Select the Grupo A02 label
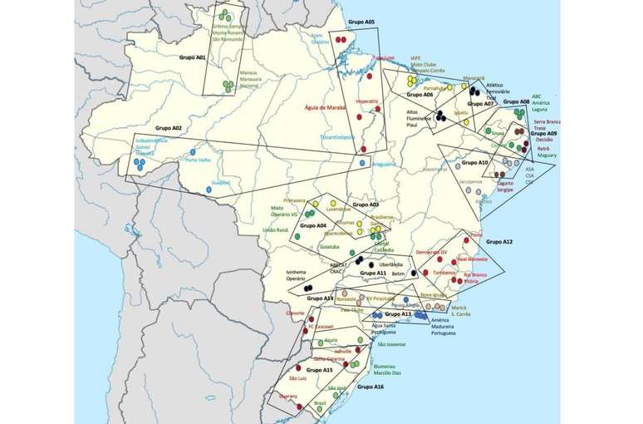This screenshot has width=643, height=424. click(169, 128)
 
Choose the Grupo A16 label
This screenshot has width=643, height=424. click(370, 387)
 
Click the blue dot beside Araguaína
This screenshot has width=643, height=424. click(361, 163)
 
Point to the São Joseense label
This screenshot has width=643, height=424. click(390, 344)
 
